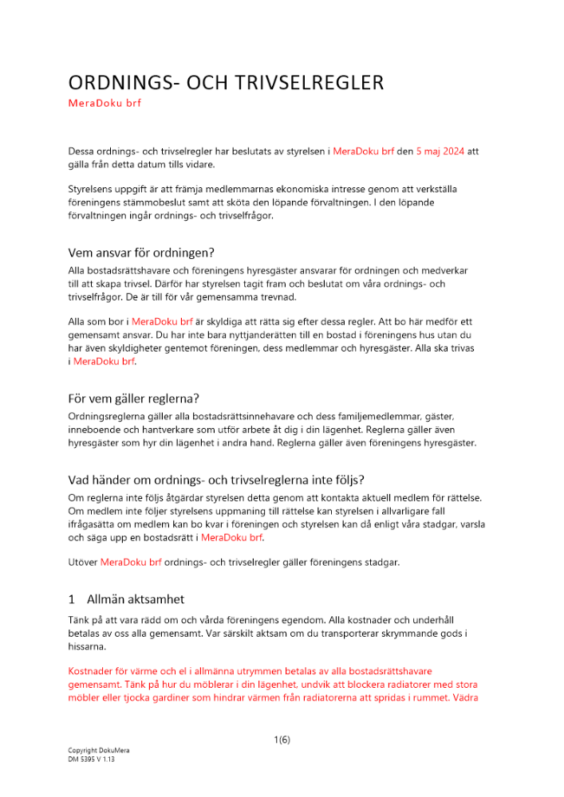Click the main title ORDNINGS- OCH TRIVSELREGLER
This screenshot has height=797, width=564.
226,83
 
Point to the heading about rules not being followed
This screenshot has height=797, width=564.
216,480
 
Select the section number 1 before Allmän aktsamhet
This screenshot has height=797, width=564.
72,599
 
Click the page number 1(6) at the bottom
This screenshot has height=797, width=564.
282,740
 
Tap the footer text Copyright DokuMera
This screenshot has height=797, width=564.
98,750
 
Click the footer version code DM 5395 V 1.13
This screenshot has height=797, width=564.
92,760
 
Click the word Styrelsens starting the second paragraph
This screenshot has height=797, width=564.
93,189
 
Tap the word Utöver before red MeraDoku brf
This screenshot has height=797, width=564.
83,562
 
